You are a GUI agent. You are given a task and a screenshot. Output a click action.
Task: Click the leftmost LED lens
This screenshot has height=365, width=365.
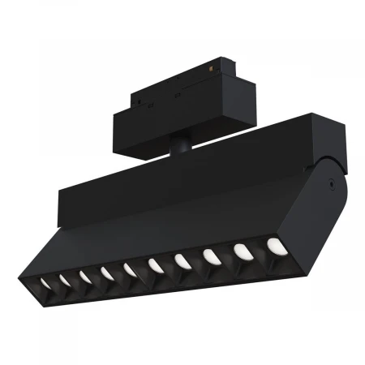coord(45,283)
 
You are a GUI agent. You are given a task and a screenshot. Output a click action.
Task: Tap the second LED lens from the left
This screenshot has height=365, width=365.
coord(63,281)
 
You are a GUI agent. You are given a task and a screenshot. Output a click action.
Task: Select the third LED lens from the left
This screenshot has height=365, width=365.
coord(84,277)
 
